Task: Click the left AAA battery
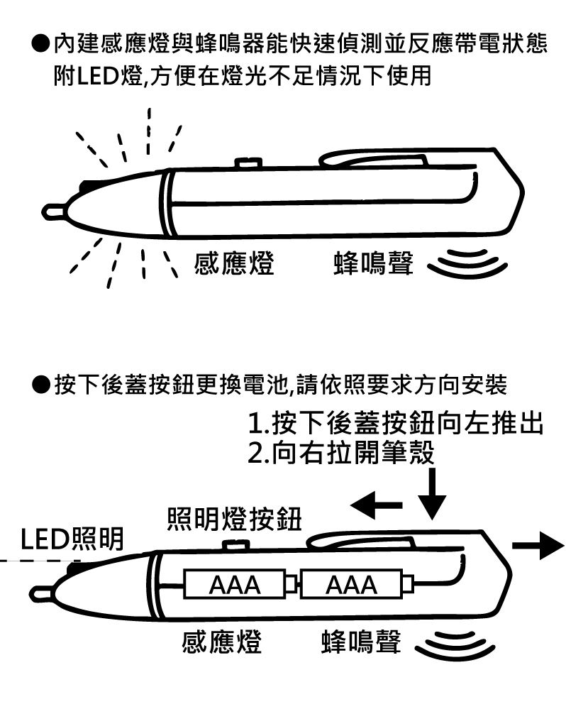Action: point(233,585)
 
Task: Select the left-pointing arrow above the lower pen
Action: point(377,506)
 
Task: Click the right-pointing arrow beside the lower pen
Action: point(537,545)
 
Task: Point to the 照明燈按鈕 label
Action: point(234,520)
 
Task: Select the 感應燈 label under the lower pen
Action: point(222,642)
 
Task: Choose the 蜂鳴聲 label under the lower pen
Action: point(360,642)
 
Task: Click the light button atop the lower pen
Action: point(234,545)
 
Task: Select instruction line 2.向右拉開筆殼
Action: point(340,452)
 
